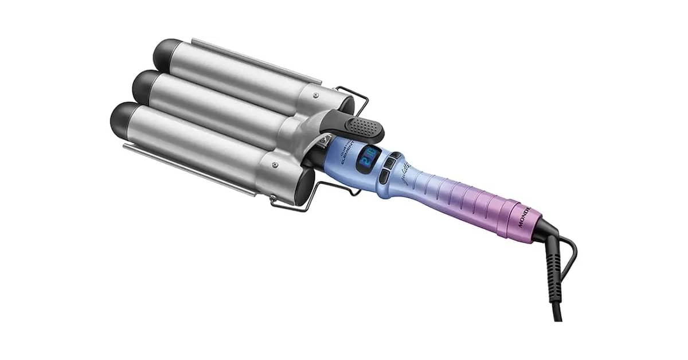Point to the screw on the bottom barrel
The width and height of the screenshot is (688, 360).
[x=275, y=166]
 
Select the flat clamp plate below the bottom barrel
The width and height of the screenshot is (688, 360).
[x=189, y=169]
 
